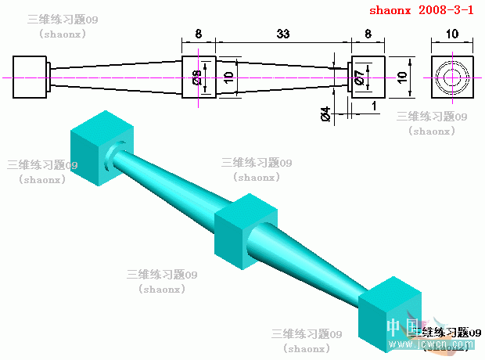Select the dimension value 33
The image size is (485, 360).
(282, 34)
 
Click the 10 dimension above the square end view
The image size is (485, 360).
(452, 34)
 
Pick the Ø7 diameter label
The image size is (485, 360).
(358, 77)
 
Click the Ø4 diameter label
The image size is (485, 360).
(325, 116)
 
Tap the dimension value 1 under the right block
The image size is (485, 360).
(375, 105)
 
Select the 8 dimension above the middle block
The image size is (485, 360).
(198, 34)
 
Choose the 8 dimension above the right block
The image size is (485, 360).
(368, 34)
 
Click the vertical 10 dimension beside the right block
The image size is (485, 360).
(402, 77)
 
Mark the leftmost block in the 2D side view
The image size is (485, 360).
(31, 77)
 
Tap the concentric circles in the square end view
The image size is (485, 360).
(452, 77)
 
